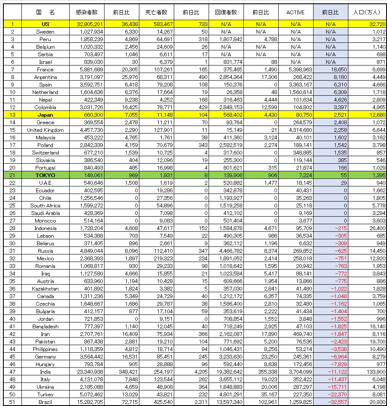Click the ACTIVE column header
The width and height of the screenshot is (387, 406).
click(295, 12)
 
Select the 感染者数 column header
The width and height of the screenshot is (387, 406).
click(87, 12)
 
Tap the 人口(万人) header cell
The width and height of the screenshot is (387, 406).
click(367, 12)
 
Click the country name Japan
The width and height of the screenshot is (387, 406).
click(45, 115)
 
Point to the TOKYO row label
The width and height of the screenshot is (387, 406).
click(45, 175)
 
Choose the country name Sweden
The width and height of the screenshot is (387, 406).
click(45, 31)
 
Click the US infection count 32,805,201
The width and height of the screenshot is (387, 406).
click(87, 24)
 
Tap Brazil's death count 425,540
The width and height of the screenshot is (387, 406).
click(157, 402)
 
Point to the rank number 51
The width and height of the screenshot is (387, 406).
click(13, 402)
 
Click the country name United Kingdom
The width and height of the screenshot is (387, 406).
click(45, 130)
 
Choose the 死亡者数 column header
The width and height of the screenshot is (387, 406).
click(156, 12)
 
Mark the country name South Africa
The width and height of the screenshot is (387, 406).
click(45, 205)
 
